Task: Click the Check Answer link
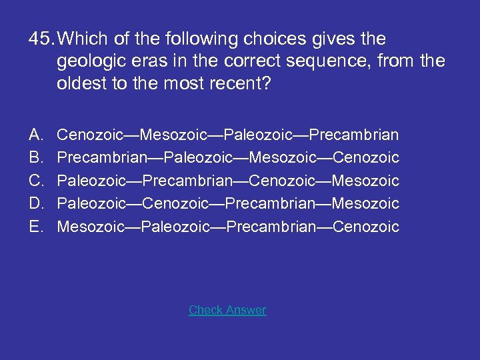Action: [227, 310]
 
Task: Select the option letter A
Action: [36, 135]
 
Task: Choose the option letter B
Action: [36, 158]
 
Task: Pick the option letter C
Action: [36, 181]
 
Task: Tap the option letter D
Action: [36, 203]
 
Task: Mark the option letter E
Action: [36, 227]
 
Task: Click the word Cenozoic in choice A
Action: [90, 135]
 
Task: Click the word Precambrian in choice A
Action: [356, 135]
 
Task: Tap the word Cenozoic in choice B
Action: [366, 158]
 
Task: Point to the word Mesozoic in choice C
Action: [366, 181]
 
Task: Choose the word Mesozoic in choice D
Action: [366, 203]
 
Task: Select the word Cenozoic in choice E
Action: [366, 227]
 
